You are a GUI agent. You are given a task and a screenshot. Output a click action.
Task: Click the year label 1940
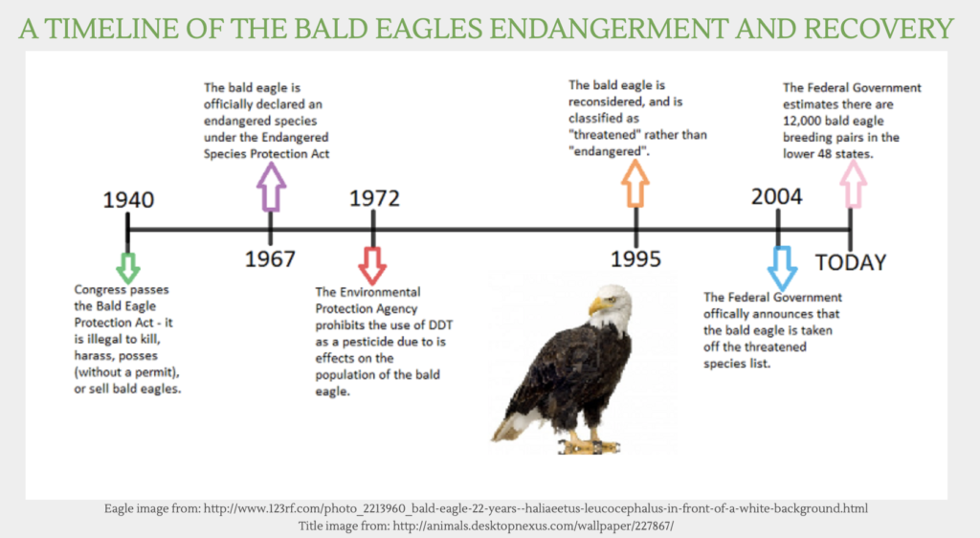[128, 200]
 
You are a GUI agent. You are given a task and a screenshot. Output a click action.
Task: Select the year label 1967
[270, 258]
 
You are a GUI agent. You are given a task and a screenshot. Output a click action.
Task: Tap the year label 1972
[374, 198]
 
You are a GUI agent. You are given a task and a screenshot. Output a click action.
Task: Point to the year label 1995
[635, 258]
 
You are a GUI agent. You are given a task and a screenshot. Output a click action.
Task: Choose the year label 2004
[777, 197]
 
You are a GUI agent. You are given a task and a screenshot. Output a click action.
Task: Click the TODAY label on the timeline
[851, 262]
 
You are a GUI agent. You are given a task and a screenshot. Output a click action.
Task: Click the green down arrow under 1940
[128, 267]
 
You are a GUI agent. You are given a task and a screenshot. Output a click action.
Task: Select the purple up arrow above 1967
[271, 187]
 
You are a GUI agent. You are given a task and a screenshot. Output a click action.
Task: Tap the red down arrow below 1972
[372, 265]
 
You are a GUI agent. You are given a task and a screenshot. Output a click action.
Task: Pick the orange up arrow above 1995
[635, 183]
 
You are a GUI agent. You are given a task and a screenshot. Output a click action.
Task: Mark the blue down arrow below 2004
[782, 267]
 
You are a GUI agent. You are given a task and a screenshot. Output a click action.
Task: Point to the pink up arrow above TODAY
[853, 184]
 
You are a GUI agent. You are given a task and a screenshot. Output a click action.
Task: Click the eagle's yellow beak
[597, 305]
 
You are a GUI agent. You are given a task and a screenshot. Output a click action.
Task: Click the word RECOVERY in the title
[879, 29]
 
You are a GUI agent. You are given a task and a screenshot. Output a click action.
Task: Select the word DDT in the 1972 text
[440, 325]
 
